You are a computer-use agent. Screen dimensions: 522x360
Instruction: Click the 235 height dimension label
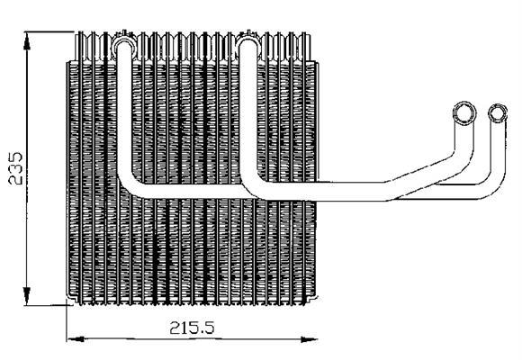(x=15, y=168)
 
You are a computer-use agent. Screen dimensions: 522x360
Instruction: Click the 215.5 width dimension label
(x=192, y=328)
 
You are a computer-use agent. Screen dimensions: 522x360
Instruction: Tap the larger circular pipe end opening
(x=464, y=113)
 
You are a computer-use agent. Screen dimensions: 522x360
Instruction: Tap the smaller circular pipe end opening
(x=498, y=112)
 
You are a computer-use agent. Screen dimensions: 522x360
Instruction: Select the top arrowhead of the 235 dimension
(x=27, y=41)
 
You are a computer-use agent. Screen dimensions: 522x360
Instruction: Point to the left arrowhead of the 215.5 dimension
(x=76, y=339)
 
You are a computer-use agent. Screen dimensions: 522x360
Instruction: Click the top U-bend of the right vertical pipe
(x=248, y=40)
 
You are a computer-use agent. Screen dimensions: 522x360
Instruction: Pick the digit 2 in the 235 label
(x=15, y=179)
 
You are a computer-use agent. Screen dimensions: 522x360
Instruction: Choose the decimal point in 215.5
(x=201, y=333)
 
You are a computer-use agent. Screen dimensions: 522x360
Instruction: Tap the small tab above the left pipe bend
(x=125, y=32)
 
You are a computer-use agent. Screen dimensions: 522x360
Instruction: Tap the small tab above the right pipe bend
(x=248, y=32)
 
